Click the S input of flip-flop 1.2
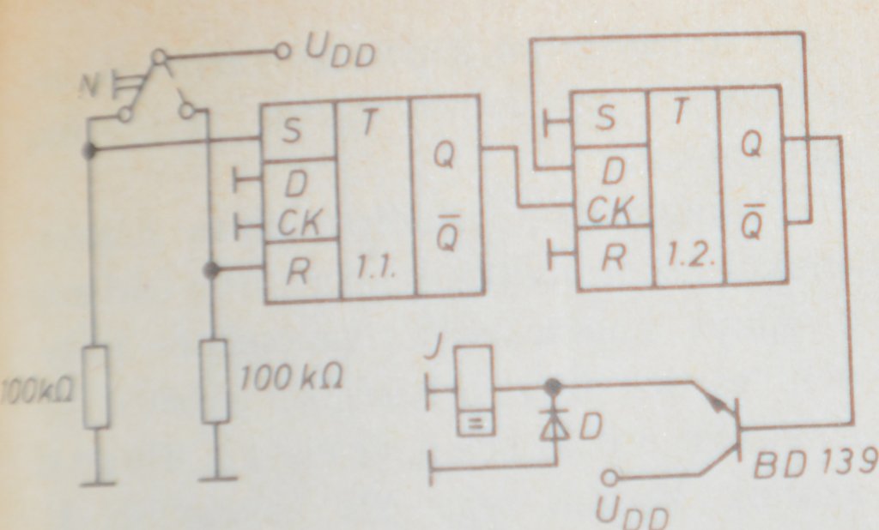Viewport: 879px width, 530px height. [605, 118]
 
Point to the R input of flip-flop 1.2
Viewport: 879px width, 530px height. [610, 257]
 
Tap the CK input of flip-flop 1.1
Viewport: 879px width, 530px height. [298, 225]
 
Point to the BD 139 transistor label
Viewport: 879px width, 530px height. [814, 467]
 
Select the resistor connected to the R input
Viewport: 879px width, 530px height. [214, 380]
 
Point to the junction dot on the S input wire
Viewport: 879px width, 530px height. [88, 151]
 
